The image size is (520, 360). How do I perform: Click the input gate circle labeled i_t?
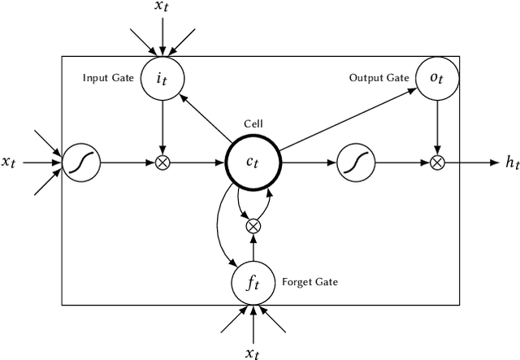pos(164,78)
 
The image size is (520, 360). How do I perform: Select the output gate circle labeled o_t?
pos(438,78)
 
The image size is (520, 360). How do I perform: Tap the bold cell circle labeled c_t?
pos(253,163)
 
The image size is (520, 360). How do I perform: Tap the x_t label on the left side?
pos(10,163)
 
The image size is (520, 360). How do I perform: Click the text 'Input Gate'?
pos(107,78)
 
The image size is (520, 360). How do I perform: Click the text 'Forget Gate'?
pos(310,283)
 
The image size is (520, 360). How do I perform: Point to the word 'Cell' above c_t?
pos(253,124)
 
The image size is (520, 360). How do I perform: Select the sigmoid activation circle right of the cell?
pos(354,163)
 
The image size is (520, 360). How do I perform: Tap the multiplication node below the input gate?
pos(164,163)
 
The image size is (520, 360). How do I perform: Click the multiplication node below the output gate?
pos(438,163)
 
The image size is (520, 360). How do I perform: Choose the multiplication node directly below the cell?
pos(253,225)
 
